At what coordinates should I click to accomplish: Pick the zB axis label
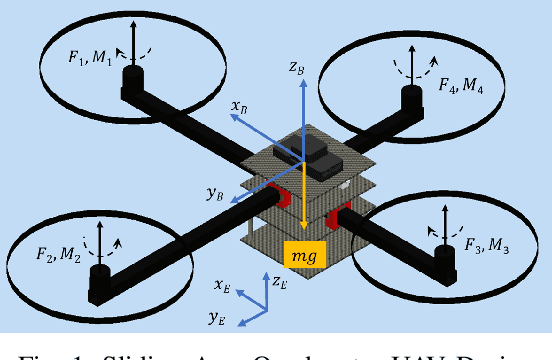tap(296, 68)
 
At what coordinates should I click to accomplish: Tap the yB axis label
tap(214, 195)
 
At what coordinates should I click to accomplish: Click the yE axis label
tap(215, 318)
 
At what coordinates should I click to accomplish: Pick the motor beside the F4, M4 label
tap(409, 100)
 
